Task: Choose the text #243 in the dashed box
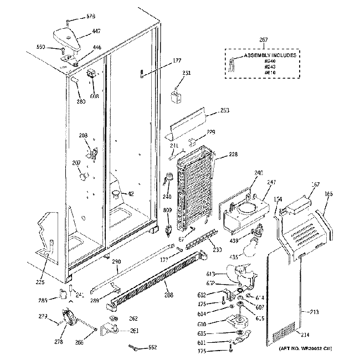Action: click(x=270, y=67)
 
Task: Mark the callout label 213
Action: click(x=315, y=313)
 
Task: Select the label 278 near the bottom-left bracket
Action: click(x=59, y=342)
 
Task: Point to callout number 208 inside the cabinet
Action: click(x=83, y=136)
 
